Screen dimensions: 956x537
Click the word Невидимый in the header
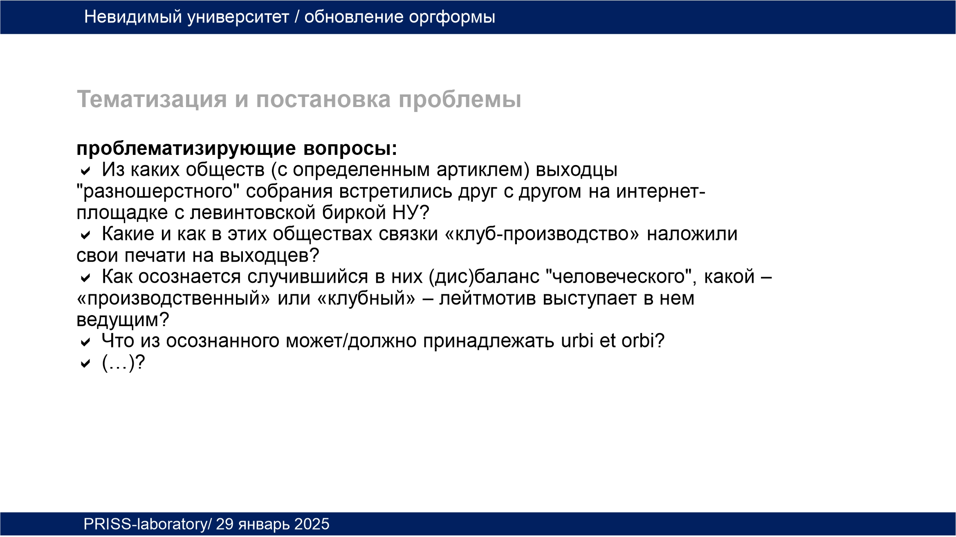point(133,17)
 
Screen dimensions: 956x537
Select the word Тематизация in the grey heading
point(152,99)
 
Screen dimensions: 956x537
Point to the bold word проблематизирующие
point(186,149)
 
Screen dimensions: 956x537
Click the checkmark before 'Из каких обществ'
point(85,170)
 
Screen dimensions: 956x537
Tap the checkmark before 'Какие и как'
point(85,235)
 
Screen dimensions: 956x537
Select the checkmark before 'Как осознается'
point(85,278)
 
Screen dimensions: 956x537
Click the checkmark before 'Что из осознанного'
point(85,342)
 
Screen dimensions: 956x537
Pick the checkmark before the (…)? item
point(85,363)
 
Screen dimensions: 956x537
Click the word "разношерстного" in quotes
point(158,192)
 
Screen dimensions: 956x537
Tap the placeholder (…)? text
point(123,362)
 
